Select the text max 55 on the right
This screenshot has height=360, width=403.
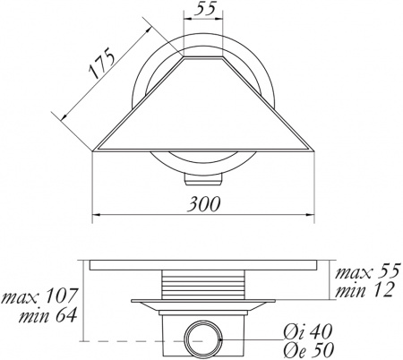point(367,270)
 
